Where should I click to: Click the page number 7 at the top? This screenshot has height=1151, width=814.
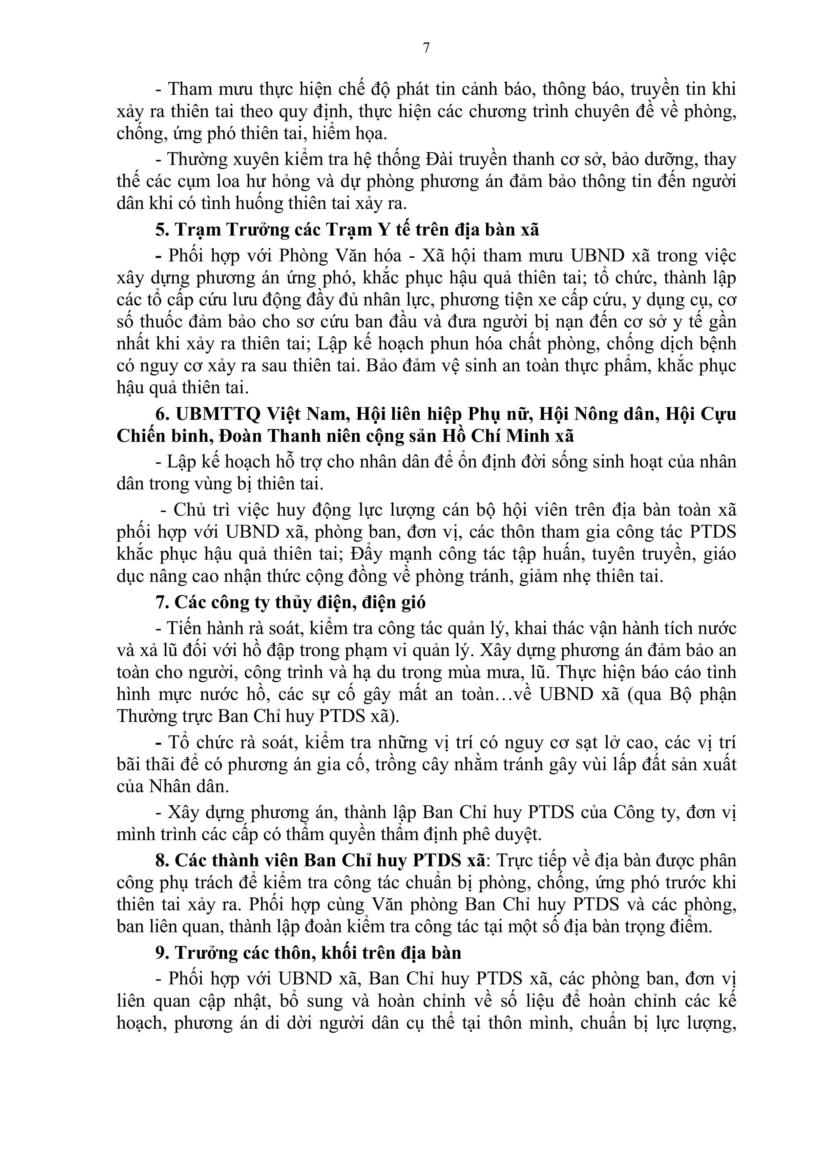point(426,48)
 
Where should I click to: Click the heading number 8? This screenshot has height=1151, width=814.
point(161,860)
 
